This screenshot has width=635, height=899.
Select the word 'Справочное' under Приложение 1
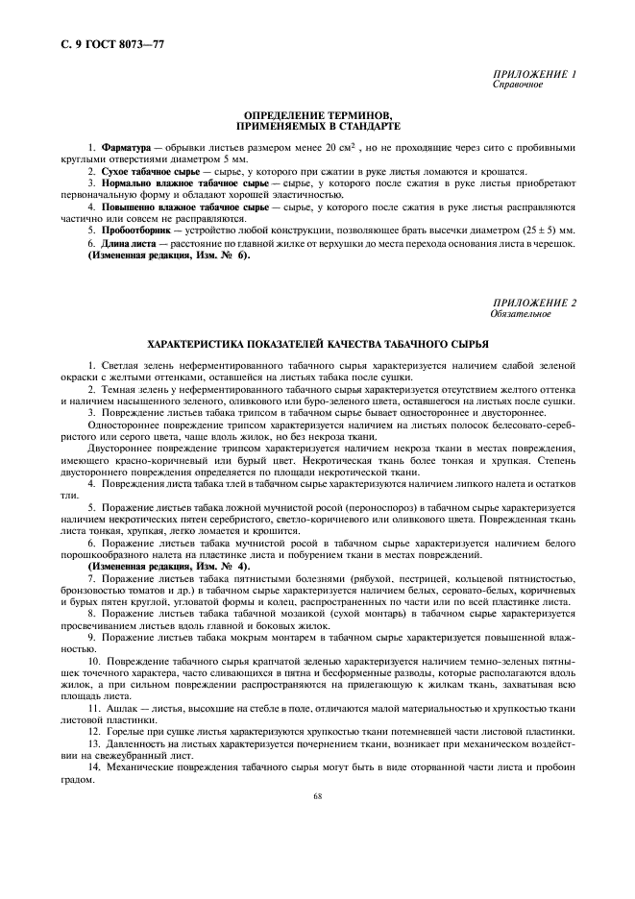[x=518, y=85]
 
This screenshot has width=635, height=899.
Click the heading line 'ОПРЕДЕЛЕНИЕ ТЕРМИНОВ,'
[x=317, y=116]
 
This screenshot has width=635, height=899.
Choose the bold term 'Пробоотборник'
[x=138, y=231]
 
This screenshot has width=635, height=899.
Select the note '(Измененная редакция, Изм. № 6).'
[x=168, y=255]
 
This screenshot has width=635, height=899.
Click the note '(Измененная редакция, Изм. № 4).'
[x=168, y=567]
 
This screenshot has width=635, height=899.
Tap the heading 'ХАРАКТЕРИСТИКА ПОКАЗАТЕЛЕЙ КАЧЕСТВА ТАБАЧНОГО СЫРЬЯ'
[x=317, y=343]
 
